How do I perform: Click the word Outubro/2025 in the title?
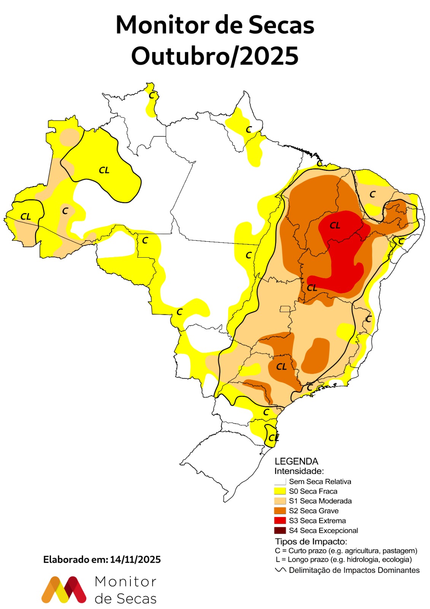[215, 56]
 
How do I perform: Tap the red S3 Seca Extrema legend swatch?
[280, 520]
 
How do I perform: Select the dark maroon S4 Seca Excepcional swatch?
[280, 530]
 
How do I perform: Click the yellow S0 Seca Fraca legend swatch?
[280, 491]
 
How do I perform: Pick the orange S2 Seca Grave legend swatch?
[280, 510]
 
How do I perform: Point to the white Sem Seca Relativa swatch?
[280, 481]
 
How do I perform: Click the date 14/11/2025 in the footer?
[135, 560]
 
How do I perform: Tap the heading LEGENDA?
[296, 461]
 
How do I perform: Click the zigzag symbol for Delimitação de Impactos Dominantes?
[281, 570]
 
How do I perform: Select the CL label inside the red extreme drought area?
[335, 226]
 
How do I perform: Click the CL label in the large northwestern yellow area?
[104, 171]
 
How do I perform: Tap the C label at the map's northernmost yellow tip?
[152, 95]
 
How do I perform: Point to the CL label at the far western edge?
[25, 217]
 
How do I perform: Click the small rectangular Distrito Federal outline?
[285, 309]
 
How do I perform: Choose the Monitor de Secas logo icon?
[64, 590]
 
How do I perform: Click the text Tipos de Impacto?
[311, 541]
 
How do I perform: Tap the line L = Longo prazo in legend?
[344, 560]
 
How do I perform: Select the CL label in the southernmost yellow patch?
[273, 438]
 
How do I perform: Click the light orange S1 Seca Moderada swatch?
[280, 501]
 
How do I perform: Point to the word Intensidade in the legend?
[299, 471]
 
